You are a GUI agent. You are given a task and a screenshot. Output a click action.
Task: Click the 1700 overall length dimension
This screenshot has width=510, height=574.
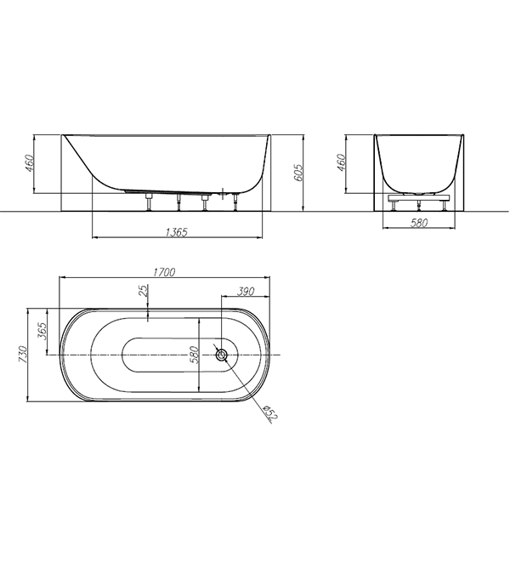[164, 272]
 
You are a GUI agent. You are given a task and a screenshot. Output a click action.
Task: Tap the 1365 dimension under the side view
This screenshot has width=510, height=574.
[177, 232]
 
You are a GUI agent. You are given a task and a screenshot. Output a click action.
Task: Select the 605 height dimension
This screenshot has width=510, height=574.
[298, 172]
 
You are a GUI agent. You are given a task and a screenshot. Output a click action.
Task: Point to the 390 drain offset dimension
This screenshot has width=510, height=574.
[246, 292]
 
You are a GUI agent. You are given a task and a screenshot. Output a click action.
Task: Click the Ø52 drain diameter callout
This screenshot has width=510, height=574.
[271, 412]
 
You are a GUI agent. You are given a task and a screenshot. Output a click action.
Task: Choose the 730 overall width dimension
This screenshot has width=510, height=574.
[22, 354]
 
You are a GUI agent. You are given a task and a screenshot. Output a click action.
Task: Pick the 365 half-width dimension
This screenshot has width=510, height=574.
[42, 331]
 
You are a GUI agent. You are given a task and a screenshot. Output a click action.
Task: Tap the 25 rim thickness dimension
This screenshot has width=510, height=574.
[144, 290]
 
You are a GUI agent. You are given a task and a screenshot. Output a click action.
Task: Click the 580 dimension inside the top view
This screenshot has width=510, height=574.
[194, 355]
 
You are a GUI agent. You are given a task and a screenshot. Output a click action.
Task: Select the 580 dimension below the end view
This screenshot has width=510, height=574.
[419, 223]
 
